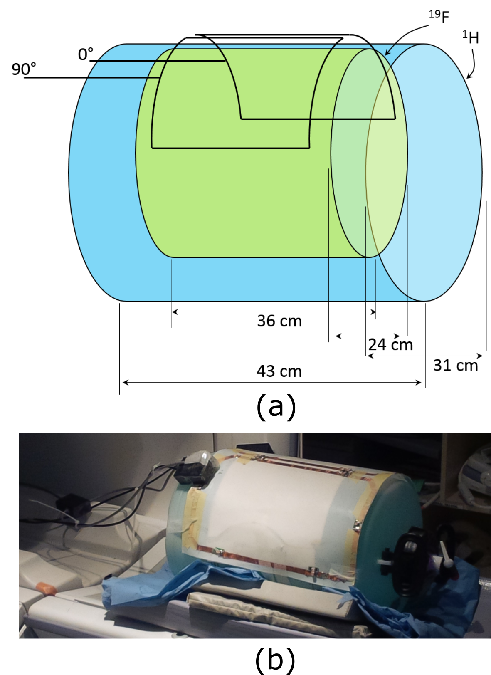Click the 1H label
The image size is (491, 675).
(x=471, y=37)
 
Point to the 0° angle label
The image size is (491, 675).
(x=86, y=54)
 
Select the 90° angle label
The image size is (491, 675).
(x=24, y=69)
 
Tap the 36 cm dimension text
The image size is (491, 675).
(x=279, y=321)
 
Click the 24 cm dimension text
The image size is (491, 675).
(x=390, y=345)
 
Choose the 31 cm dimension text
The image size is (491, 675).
(x=455, y=366)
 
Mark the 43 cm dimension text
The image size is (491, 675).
(x=279, y=371)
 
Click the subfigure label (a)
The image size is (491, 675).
(x=276, y=406)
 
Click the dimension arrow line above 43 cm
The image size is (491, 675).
(x=272, y=383)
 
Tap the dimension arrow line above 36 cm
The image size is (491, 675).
(x=274, y=312)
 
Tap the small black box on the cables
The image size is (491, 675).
(x=73, y=504)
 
